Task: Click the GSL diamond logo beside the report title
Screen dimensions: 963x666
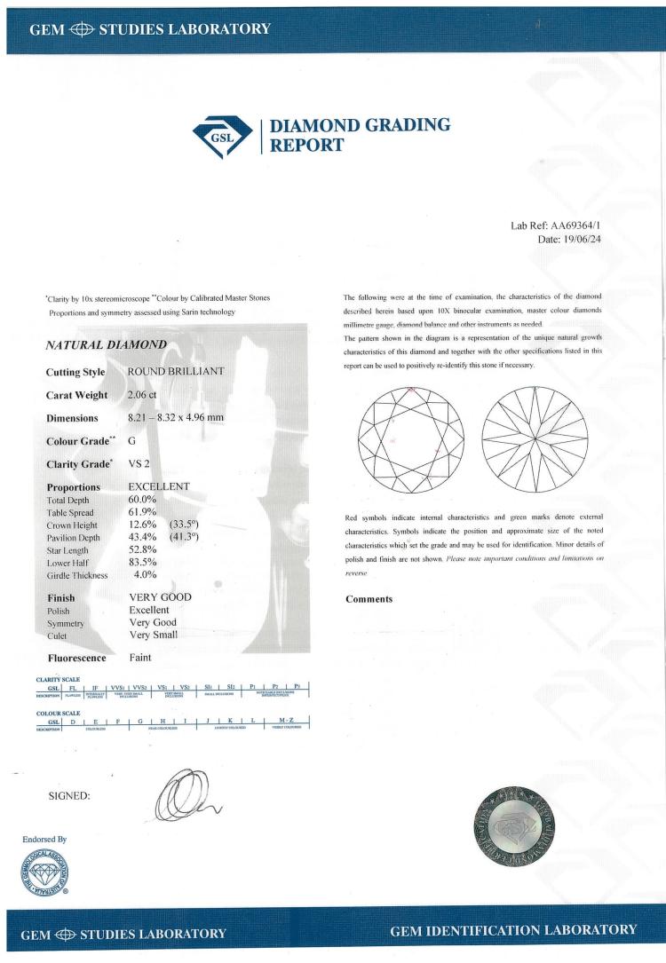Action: [222, 135]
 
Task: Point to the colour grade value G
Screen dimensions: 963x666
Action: [133, 439]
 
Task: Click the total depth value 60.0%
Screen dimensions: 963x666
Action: [143, 500]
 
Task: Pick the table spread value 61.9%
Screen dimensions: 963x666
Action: [143, 512]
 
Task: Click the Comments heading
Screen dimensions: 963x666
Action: [369, 599]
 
